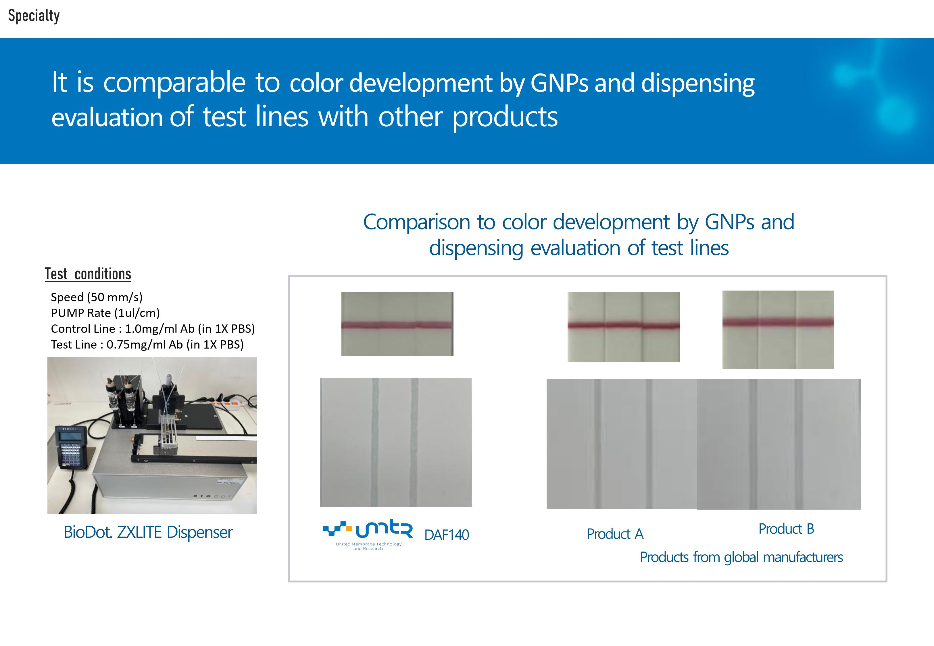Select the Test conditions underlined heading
pos(88,274)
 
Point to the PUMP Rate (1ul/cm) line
pos(105,313)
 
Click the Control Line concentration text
pos(153,329)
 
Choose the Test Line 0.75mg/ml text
pos(147,345)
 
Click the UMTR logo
pos(368,534)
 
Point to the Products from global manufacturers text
pos(741,557)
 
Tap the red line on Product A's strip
pos(624,325)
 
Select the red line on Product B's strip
pos(778,322)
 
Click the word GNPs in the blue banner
pos(559,83)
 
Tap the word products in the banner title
pos(505,118)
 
